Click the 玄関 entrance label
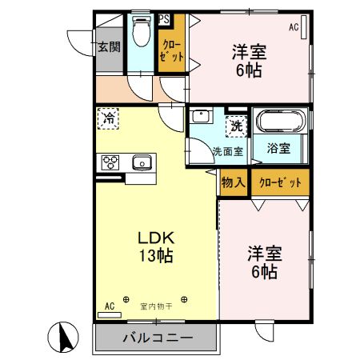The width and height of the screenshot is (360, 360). [110, 47]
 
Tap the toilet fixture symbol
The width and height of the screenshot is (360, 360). [141, 33]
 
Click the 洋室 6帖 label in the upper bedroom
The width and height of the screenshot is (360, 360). [249, 61]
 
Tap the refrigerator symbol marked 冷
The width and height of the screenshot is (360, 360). [109, 119]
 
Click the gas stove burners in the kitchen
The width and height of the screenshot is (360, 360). [110, 162]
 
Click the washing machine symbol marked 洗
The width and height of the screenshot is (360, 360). [237, 125]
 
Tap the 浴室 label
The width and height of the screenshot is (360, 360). [278, 148]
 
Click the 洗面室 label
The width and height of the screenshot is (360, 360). [227, 151]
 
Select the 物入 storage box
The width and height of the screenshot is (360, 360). [233, 182]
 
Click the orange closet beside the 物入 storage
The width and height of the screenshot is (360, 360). [279, 182]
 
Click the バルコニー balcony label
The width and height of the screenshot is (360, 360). [157, 338]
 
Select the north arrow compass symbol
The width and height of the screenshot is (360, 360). [68, 337]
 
